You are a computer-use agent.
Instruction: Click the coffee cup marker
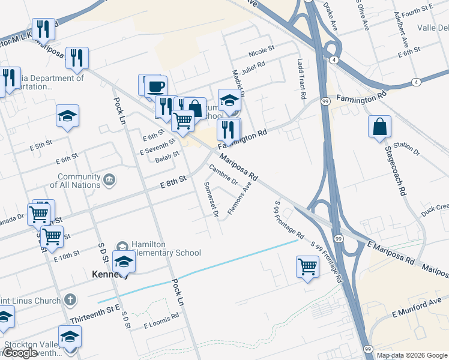(155, 86)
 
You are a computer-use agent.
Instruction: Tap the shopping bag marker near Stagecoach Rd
(379, 127)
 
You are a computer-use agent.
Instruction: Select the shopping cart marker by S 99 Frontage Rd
(307, 267)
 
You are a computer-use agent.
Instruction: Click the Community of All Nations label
(78, 181)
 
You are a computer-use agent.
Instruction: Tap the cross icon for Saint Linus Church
(70, 299)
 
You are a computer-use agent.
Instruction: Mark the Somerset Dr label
(211, 199)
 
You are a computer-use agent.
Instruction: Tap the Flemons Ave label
(239, 202)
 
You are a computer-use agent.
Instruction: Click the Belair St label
(167, 155)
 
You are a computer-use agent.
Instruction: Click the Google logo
(21, 353)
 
